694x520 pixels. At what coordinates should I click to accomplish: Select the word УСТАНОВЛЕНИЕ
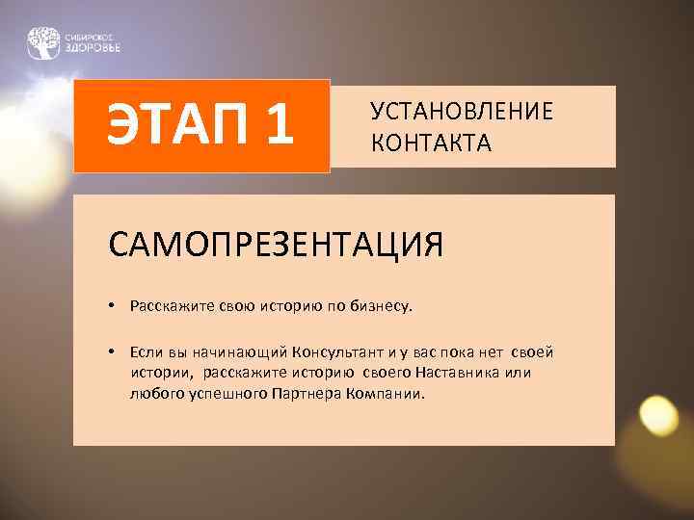[x=462, y=112]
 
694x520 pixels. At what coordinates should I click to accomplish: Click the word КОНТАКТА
[x=431, y=143]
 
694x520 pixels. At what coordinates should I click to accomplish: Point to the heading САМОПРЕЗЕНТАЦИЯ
[x=277, y=245]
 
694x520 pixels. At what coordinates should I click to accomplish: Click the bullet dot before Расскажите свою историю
[x=113, y=307]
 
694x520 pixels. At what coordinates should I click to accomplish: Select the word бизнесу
[x=380, y=307]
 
